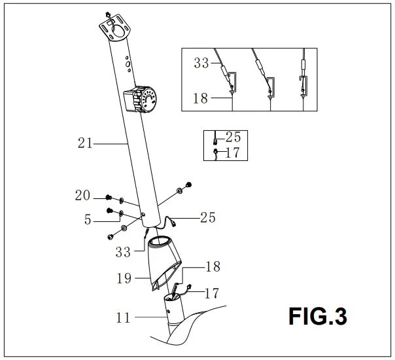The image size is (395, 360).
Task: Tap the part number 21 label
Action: [85, 143]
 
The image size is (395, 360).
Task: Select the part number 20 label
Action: [82, 195]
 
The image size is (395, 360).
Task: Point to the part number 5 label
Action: [88, 221]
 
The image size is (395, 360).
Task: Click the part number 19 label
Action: [124, 278]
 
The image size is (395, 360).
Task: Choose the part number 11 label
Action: [123, 319]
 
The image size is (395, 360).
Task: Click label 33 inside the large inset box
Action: [202, 63]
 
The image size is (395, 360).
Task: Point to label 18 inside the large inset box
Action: [201, 99]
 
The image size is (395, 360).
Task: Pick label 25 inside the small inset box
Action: [233, 137]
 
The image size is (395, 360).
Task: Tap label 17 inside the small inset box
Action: [233, 153]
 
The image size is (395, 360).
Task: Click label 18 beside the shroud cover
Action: [213, 266]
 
